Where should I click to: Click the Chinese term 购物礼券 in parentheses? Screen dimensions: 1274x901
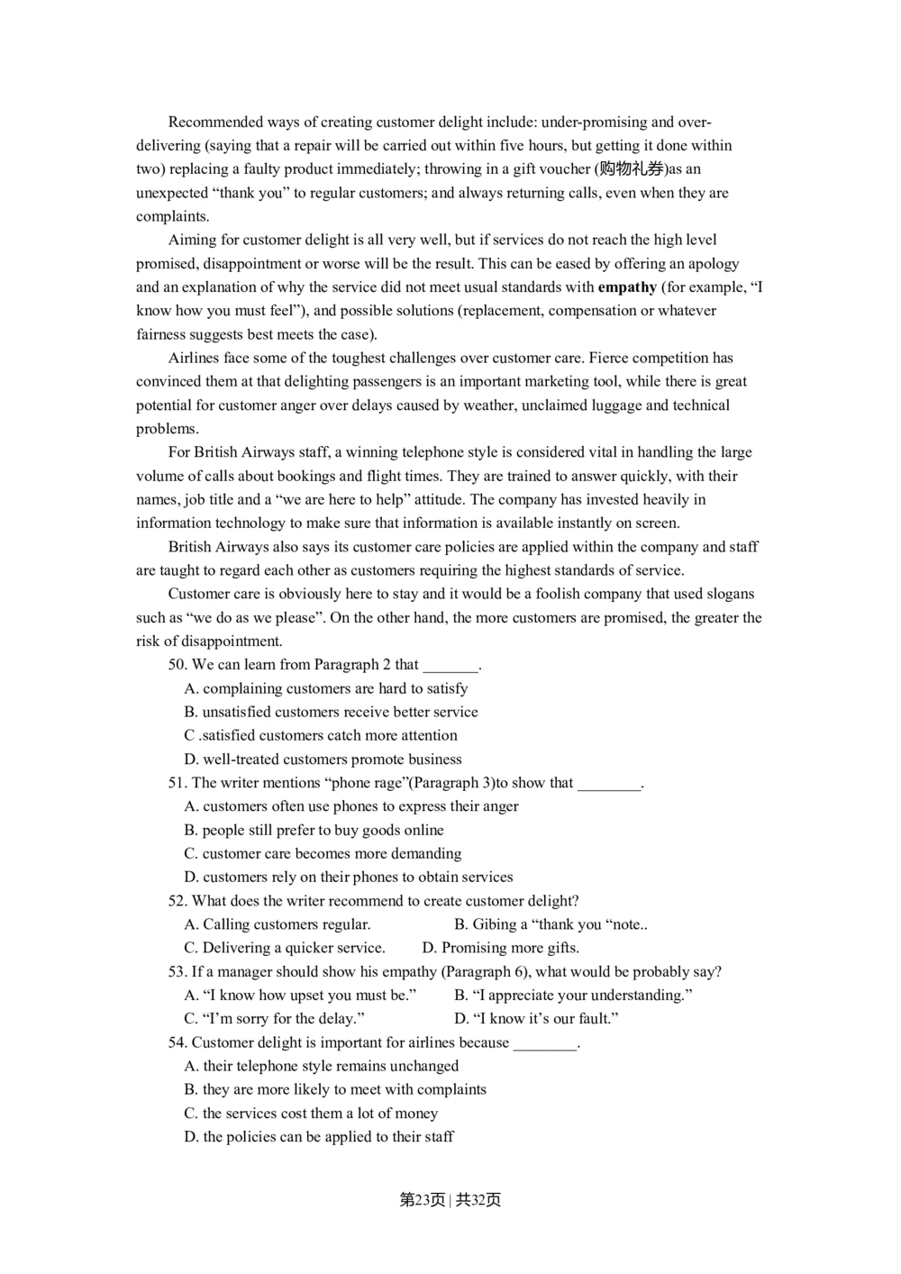coord(632,168)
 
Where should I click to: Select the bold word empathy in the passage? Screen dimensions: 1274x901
coord(627,287)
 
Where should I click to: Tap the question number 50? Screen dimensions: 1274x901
coord(177,664)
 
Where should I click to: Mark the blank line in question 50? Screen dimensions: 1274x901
coord(450,666)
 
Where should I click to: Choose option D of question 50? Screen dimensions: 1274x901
coord(323,759)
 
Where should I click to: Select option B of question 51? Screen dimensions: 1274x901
coord(314,830)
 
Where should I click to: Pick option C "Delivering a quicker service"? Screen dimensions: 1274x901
coord(285,948)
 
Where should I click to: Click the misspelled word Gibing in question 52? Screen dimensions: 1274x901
coord(495,924)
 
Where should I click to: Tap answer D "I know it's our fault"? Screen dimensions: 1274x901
coord(536,1018)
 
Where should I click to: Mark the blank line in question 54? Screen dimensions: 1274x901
coord(545,1044)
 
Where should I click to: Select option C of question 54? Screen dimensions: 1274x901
coord(311,1113)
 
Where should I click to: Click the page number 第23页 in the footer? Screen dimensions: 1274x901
coord(422,1199)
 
